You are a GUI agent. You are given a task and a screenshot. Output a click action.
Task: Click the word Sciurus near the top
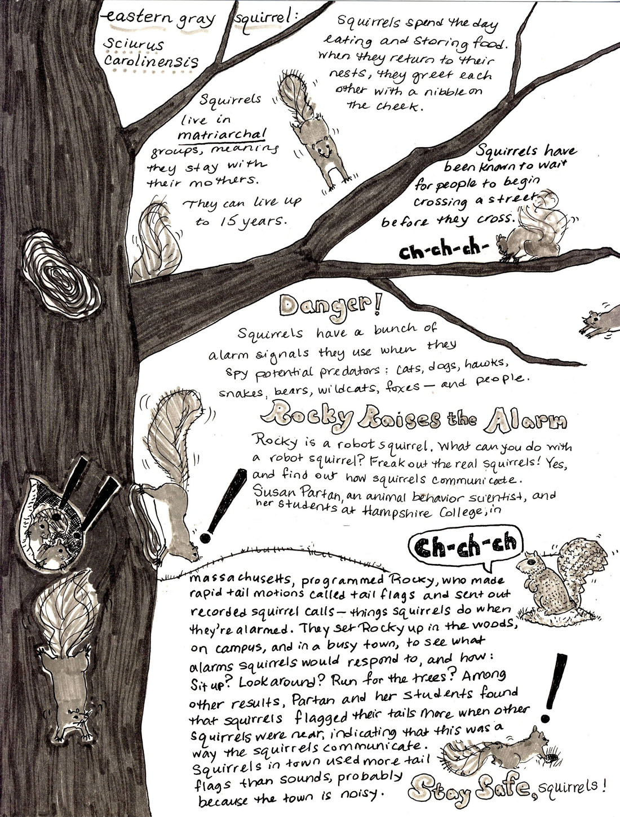tap(134, 45)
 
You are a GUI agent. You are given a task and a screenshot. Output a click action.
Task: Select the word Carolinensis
tap(150, 61)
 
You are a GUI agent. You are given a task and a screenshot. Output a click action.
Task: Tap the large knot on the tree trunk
tap(61, 276)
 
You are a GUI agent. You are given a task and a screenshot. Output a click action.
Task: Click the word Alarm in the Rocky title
tap(526, 420)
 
